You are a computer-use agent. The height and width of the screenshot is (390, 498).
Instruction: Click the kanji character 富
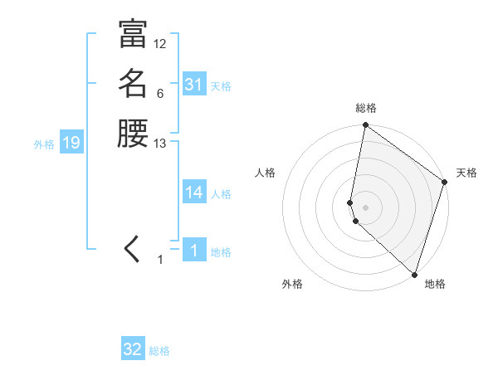point(132,35)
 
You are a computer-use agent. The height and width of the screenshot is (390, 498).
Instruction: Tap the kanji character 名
point(132,85)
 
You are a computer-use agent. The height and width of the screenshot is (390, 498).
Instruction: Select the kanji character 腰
point(132,134)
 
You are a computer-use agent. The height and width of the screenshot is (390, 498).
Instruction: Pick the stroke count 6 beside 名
point(160,94)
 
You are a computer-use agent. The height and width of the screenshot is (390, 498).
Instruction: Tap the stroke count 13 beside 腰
point(160,144)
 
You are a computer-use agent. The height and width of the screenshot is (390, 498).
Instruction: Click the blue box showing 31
point(194,85)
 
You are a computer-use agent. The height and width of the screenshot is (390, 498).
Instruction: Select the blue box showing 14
point(194,193)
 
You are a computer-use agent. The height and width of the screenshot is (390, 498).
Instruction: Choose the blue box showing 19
point(71,143)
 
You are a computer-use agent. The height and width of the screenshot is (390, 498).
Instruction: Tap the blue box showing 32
point(133,349)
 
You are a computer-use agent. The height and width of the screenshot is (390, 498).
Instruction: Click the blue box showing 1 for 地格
point(194,251)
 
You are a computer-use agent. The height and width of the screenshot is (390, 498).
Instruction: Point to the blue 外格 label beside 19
point(44,144)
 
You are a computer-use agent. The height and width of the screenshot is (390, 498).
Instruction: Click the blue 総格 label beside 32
point(159,351)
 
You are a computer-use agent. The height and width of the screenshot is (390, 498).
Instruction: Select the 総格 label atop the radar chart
point(366,108)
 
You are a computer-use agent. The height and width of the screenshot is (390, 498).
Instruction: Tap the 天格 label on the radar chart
point(466,173)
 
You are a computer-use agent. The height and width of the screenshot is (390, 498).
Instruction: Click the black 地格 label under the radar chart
point(435,285)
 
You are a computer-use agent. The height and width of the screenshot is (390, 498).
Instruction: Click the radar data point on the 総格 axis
point(366,126)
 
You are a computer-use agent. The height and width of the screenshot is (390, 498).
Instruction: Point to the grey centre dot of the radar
point(366,207)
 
